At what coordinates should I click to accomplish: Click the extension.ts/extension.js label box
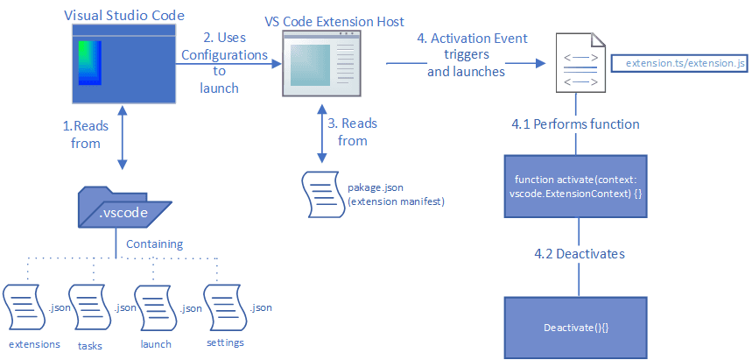point(679,64)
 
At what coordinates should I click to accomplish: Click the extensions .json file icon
point(24,307)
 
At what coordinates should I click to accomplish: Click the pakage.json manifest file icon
point(321,193)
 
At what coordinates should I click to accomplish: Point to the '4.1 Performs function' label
point(575,124)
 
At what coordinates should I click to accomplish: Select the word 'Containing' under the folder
point(154,244)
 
